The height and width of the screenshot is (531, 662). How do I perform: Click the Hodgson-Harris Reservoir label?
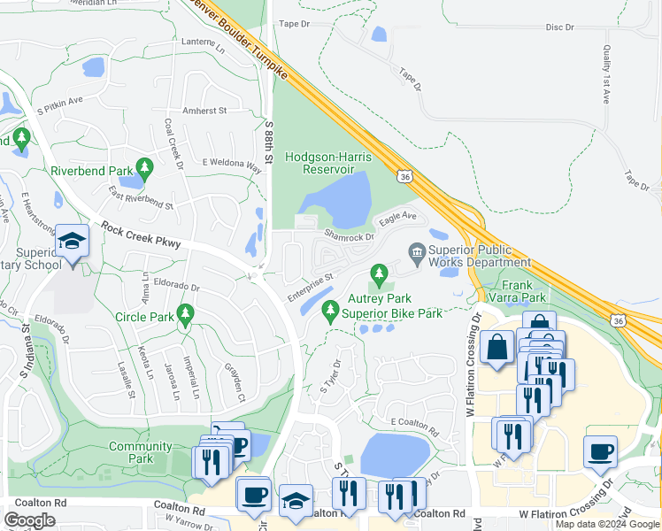319,163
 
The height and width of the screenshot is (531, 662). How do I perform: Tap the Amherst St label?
204,111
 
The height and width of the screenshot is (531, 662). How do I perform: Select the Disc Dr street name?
560,28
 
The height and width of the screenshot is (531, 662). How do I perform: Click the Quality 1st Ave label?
607,75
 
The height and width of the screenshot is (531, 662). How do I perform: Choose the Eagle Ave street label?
396,215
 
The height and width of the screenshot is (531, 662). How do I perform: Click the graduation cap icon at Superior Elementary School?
72,241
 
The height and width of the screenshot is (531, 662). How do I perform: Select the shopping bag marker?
497,347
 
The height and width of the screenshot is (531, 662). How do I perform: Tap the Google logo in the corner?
30,519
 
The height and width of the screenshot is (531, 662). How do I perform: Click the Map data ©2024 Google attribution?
607,524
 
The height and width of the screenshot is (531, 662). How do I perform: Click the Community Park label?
140,452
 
